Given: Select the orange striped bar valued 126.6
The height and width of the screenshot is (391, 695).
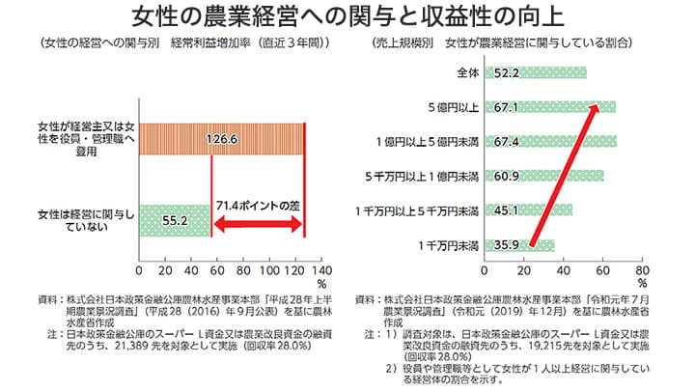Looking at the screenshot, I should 222,138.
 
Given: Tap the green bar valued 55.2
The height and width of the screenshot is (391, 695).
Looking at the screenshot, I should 175,221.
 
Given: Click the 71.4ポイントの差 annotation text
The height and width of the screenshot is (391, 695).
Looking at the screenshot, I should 259,206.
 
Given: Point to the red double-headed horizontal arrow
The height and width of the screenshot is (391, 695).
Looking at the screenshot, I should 258,225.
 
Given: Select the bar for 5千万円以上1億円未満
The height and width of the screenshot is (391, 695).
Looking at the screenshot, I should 546,177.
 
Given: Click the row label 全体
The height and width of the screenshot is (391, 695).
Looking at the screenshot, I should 468,72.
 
